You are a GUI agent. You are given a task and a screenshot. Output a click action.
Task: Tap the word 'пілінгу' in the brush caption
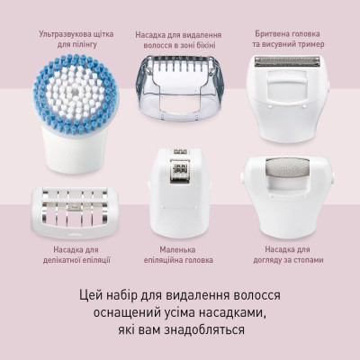[94, 46]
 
